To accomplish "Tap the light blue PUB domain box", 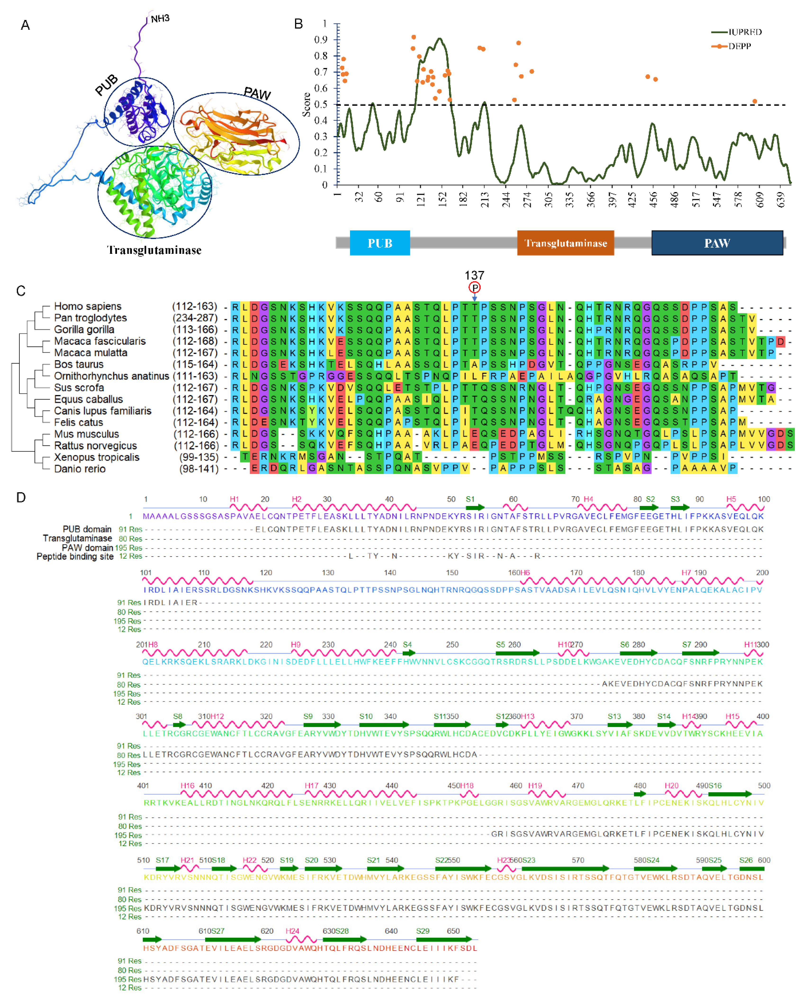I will pos(380,243).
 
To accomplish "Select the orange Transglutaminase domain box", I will pos(565,243).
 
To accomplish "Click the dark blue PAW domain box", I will pos(717,243).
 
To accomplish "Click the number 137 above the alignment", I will pos(474,275).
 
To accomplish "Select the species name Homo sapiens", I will pos(88,306).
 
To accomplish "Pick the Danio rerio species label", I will pos(80,469).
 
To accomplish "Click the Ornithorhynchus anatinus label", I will pos(111,376).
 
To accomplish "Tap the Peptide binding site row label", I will pos(75,556).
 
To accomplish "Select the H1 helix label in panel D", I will pos(234,499).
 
